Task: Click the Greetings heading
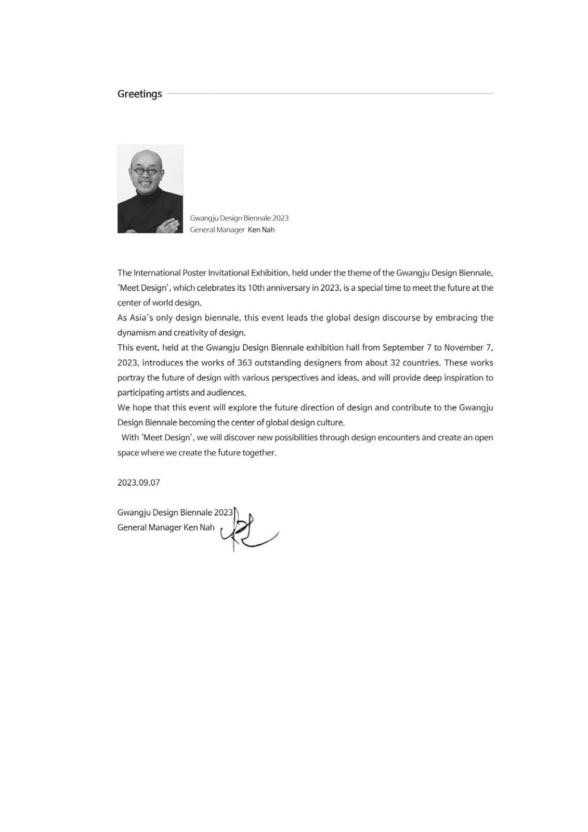click(139, 94)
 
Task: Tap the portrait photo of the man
click(150, 189)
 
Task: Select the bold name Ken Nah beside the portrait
click(261, 230)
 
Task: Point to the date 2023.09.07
click(138, 483)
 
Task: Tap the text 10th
click(256, 288)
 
